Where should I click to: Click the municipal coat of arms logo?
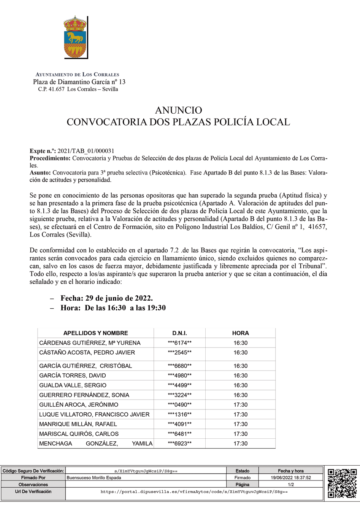click(76, 38)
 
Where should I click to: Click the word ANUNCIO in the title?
click(178, 110)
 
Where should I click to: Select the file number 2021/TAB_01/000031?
click(86, 151)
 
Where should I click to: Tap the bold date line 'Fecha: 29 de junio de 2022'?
click(106, 298)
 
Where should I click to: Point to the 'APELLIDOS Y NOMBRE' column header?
click(95, 333)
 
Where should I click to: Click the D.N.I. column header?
click(179, 333)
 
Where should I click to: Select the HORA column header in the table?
click(240, 333)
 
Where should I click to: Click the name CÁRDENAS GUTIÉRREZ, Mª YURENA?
click(90, 343)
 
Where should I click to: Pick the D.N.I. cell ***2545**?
click(179, 353)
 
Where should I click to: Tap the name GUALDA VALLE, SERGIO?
click(73, 385)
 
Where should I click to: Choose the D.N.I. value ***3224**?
click(179, 395)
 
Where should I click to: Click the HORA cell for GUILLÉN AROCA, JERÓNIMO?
click(240, 405)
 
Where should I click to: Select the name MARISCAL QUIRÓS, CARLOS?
click(79, 434)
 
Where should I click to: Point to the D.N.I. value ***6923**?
click(179, 444)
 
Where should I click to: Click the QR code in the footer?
click(342, 483)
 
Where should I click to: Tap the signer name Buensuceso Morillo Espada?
click(94, 478)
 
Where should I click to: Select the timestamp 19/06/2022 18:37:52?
click(291, 478)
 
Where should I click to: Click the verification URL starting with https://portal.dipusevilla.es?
click(194, 492)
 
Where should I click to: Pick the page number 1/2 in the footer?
click(291, 485)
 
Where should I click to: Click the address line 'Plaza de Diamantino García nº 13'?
click(79, 82)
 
